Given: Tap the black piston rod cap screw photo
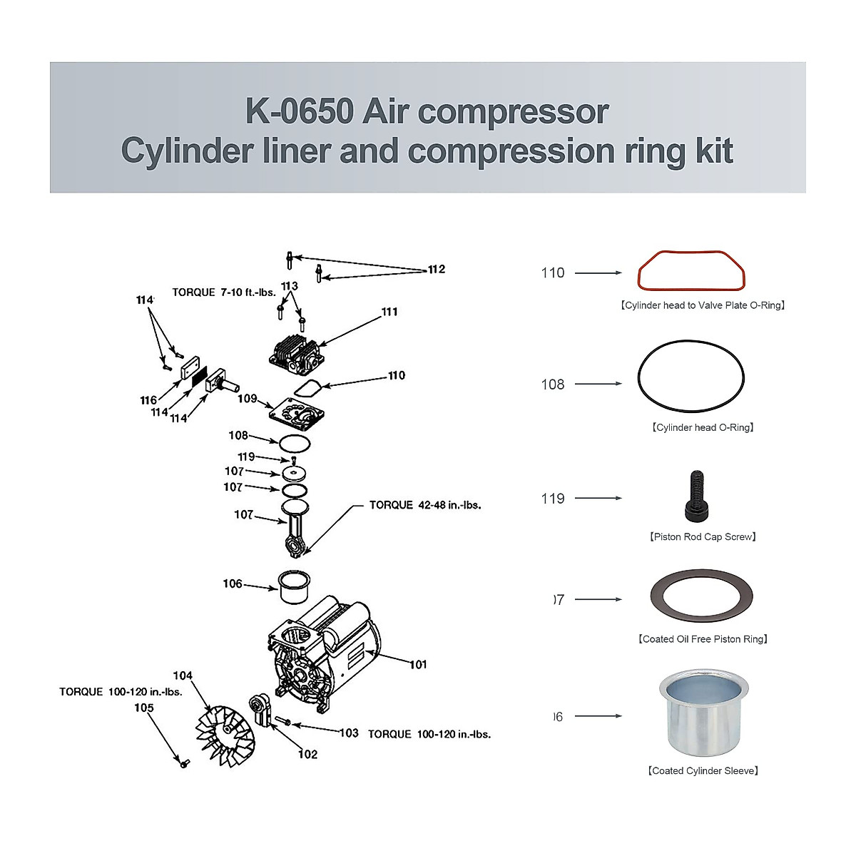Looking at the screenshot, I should pyautogui.click(x=696, y=497).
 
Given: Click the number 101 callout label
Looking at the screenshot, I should pyautogui.click(x=418, y=664).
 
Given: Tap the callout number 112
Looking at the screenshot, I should pyautogui.click(x=437, y=269).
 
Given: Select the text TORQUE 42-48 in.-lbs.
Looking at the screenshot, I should pyautogui.click(x=425, y=505).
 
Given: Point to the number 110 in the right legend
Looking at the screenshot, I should pyautogui.click(x=553, y=272).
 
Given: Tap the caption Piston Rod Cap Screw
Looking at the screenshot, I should pyautogui.click(x=703, y=536).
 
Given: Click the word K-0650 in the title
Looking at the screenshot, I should pyautogui.click(x=300, y=112).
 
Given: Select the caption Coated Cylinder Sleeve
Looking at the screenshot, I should pyautogui.click(x=703, y=770).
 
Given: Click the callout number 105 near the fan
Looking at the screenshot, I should pyautogui.click(x=144, y=708).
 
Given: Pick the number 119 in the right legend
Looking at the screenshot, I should pyautogui.click(x=553, y=499).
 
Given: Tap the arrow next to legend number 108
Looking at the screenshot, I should pyautogui.click(x=598, y=384).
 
